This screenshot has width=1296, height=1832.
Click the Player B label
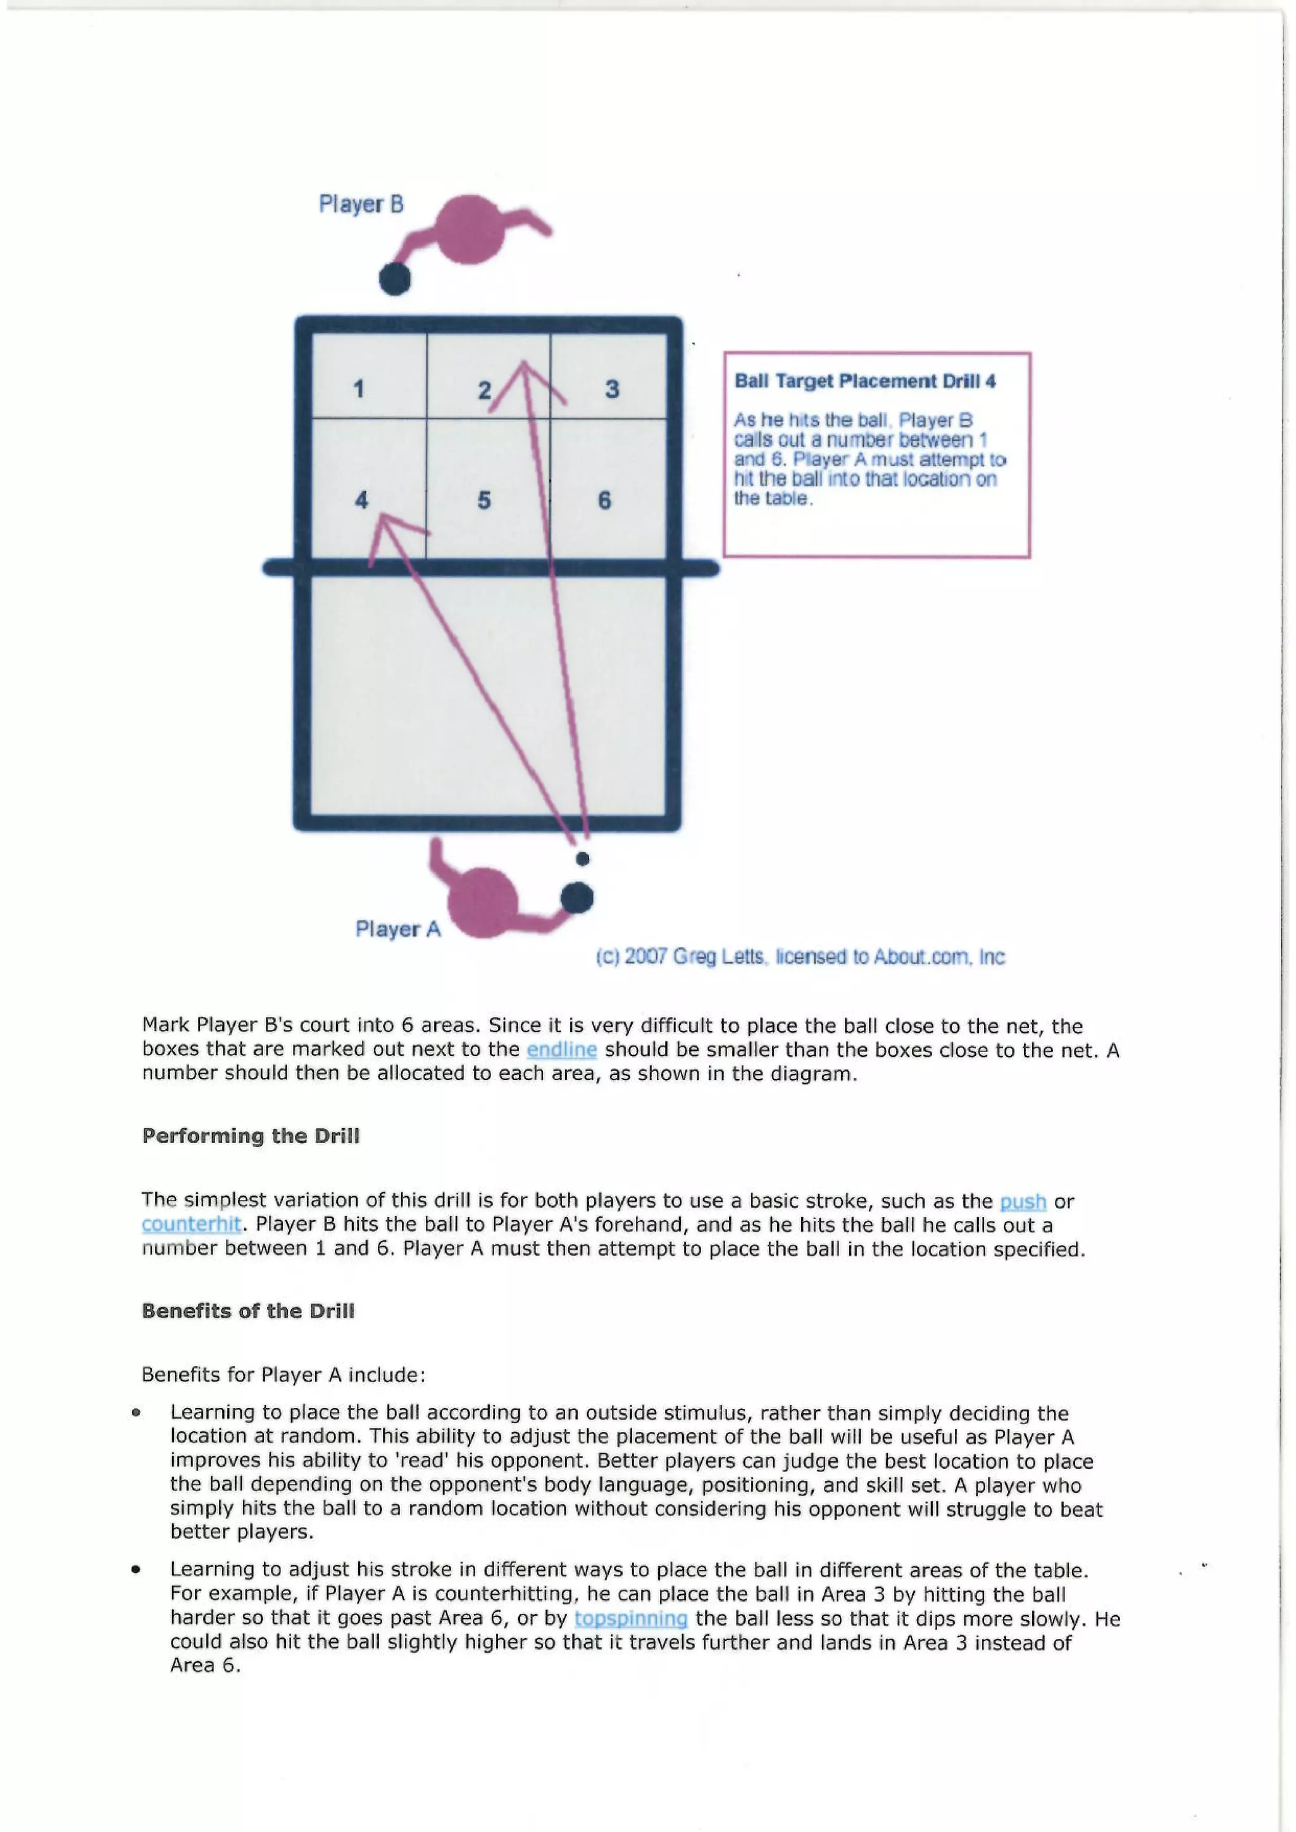[x=361, y=204]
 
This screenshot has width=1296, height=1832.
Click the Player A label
[x=397, y=929]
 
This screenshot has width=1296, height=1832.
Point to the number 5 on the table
[x=483, y=500]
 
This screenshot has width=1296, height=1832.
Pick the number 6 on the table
[x=604, y=500]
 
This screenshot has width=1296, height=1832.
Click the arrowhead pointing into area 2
[x=523, y=369]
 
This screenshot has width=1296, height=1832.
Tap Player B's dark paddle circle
[x=395, y=279]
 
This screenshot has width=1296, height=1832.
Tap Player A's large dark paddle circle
[x=576, y=898]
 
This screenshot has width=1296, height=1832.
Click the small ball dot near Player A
[x=583, y=858]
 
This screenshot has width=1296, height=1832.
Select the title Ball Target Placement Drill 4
[x=865, y=381]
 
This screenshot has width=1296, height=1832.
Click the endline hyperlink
[x=561, y=1049]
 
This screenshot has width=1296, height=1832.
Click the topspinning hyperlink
[x=630, y=1618]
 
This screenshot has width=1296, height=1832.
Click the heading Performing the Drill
[x=251, y=1136]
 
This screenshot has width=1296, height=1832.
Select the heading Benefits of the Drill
[x=248, y=1311]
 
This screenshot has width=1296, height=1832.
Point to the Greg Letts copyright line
[x=800, y=956]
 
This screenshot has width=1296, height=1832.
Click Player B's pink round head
[x=471, y=229]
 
